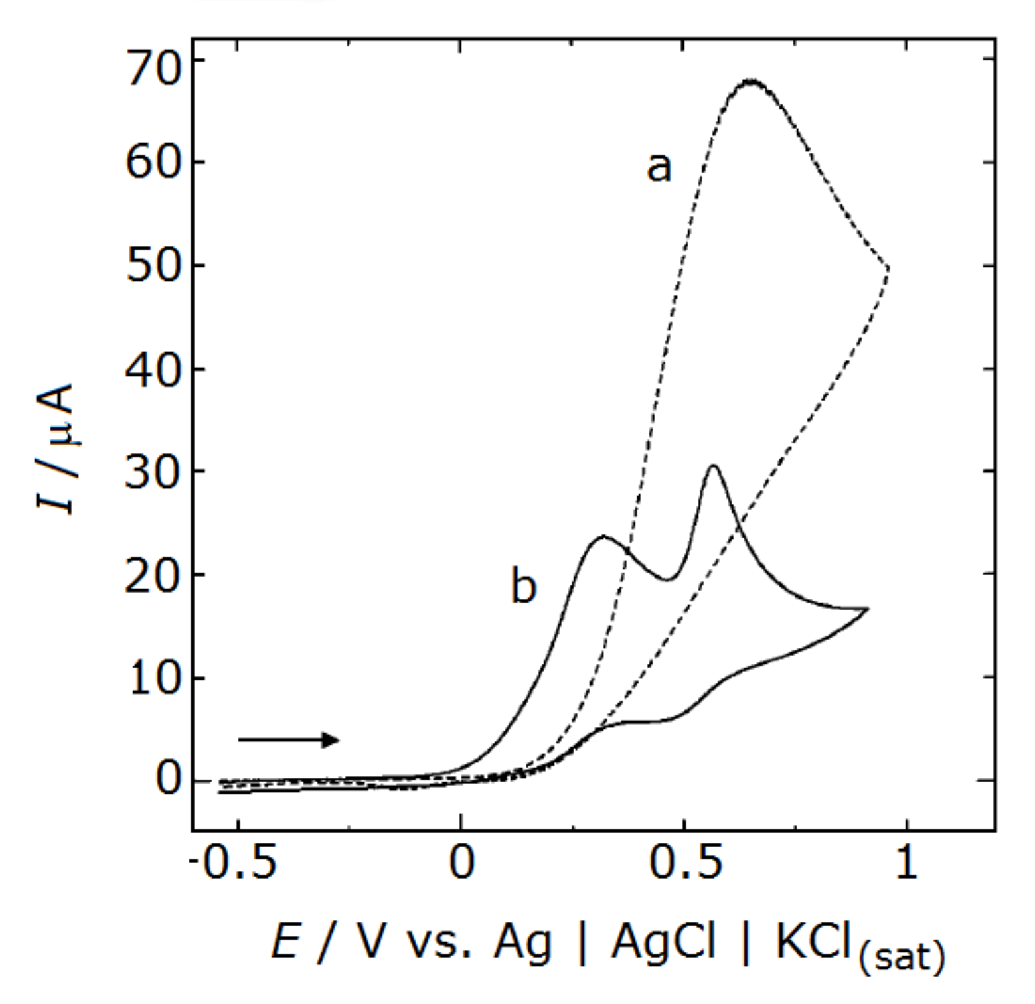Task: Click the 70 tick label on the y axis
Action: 153,68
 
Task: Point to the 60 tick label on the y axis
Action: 153,163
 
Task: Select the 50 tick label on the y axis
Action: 153,266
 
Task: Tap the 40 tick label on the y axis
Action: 153,370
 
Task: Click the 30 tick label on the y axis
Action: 153,472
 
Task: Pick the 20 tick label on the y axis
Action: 153,576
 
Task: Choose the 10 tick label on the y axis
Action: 153,679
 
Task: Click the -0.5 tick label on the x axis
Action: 233,863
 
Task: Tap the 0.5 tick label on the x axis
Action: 685,863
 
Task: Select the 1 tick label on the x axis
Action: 906,863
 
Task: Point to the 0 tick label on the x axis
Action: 461,863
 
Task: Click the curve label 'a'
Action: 659,167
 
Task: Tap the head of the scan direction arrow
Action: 332,739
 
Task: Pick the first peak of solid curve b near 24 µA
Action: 603,536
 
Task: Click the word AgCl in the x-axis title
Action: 663,941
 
